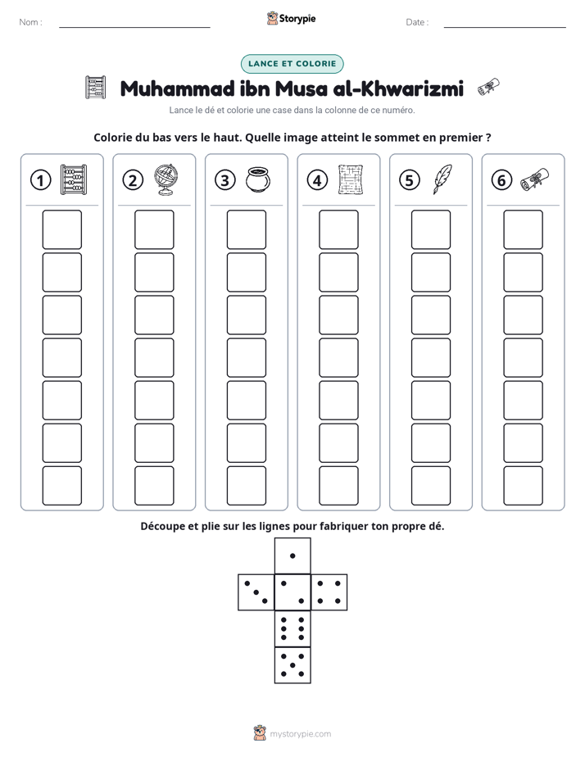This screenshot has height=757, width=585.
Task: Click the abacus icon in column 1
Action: point(74,179)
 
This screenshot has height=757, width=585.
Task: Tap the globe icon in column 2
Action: point(166,179)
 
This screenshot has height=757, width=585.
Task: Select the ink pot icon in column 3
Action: point(258,179)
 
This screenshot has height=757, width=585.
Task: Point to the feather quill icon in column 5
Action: point(442,179)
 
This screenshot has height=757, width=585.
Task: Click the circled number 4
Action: point(317,180)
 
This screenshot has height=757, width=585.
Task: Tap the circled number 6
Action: point(501,180)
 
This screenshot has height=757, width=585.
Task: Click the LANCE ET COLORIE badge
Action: point(292,64)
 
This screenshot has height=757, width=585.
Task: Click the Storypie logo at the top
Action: point(292,18)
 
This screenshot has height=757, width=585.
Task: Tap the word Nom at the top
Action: point(29,22)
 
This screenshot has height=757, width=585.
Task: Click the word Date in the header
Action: point(415,22)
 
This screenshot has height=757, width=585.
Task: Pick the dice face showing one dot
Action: point(292,555)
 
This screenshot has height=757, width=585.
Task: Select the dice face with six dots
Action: point(292,628)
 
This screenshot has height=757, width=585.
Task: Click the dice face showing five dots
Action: point(292,665)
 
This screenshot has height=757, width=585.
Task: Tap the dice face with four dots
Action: point(329,592)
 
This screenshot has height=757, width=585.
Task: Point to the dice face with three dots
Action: point(256,592)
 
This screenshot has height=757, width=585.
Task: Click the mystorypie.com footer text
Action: point(300,734)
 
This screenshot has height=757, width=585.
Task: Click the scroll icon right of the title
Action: point(488,87)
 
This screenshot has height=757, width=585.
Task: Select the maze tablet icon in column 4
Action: point(351,179)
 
